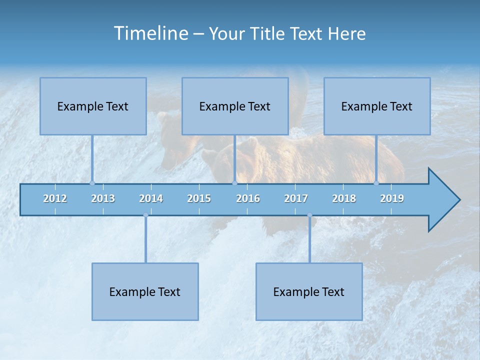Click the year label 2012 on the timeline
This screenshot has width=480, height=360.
pyautogui.click(x=55, y=198)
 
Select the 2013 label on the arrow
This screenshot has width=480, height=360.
pyautogui.click(x=103, y=198)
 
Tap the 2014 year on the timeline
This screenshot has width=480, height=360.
pyautogui.click(x=151, y=198)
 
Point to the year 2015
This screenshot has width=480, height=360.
pyautogui.click(x=199, y=198)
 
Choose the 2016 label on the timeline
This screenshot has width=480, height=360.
pyautogui.click(x=248, y=198)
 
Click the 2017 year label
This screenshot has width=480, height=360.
pyautogui.click(x=296, y=198)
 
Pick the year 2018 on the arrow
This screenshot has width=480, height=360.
pyautogui.click(x=344, y=198)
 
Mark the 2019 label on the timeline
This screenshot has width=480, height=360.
pyautogui.click(x=392, y=198)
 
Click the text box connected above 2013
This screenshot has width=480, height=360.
pyautogui.click(x=93, y=106)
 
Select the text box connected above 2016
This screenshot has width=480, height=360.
pyautogui.click(x=235, y=106)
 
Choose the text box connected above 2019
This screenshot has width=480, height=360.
pyautogui.click(x=377, y=106)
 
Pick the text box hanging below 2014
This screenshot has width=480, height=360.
pyautogui.click(x=145, y=291)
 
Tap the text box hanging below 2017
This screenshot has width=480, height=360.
pyautogui.click(x=309, y=291)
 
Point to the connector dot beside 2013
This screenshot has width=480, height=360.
pyautogui.click(x=92, y=183)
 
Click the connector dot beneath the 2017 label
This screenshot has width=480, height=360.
pyautogui.click(x=309, y=215)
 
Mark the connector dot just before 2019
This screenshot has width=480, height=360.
pyautogui.click(x=376, y=183)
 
